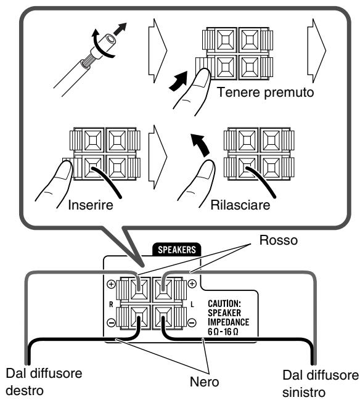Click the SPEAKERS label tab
tap(176, 250)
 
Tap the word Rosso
tap(279, 240)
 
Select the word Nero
tap(205, 382)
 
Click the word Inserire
tap(91, 205)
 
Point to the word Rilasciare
tap(240, 205)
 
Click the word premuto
tap(289, 93)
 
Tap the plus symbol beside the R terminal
tap(111, 284)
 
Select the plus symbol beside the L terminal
tap(192, 284)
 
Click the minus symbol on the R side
tap(111, 323)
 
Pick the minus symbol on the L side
tap(192, 322)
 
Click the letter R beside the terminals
tap(111, 304)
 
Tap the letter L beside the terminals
tap(192, 304)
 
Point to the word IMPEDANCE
tap(228, 322)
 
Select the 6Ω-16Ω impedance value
tap(223, 332)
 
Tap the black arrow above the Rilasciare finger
tap(200, 144)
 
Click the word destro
tap(25, 391)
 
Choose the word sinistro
tap(304, 393)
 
